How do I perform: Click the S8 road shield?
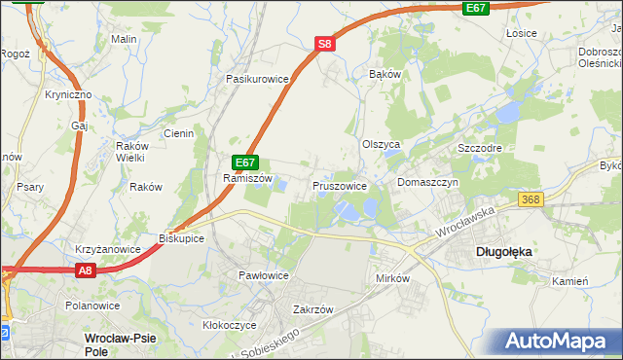click(x=325, y=44)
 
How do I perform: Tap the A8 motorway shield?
click(x=85, y=274)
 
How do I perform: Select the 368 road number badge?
click(x=558, y=199)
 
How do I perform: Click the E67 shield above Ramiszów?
click(x=244, y=163)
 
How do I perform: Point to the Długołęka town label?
click(x=504, y=251)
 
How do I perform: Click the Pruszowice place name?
click(x=340, y=185)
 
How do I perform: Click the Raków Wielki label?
click(x=130, y=151)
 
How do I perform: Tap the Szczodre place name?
click(x=478, y=148)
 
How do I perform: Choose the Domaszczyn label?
click(x=427, y=183)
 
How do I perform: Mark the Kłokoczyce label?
click(x=229, y=325)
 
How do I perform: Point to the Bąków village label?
click(x=385, y=74)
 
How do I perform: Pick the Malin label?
click(x=123, y=39)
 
